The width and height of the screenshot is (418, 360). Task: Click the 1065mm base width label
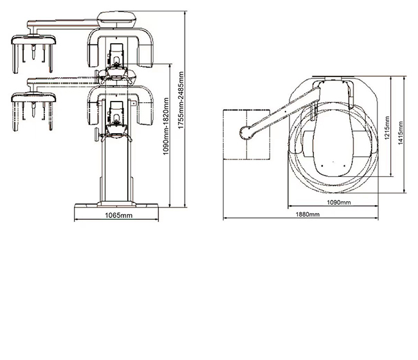118,215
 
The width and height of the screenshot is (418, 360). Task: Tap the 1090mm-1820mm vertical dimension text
166,126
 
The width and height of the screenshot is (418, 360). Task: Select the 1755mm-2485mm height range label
181,100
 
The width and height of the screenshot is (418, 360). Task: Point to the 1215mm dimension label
387,128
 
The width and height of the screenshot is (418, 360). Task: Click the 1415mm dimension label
401,133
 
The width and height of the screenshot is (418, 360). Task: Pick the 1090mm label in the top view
339,203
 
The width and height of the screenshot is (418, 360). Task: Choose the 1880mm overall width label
307,214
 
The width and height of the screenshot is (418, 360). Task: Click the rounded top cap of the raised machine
117,20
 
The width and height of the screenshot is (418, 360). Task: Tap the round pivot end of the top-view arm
246,132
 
